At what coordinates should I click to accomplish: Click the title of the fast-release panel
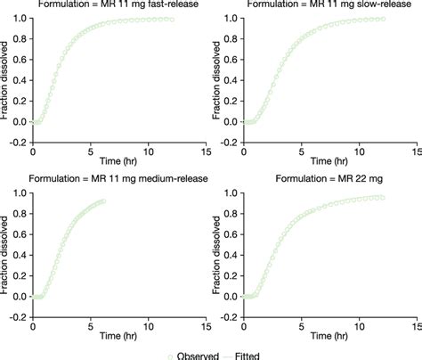point(105,4)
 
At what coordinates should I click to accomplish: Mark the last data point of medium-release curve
point(102,201)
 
